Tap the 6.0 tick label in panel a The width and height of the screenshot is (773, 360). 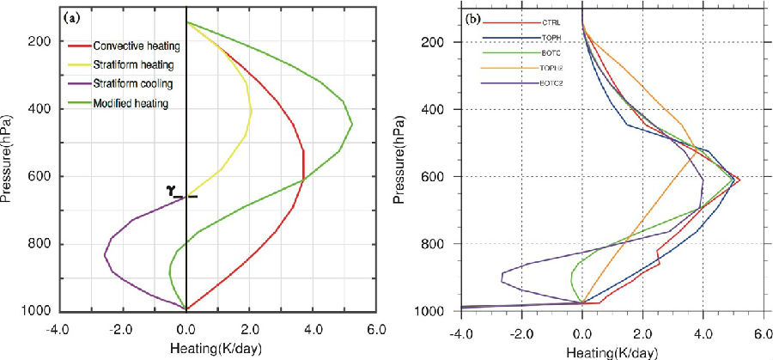click(x=374, y=328)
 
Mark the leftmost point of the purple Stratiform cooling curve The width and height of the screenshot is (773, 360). click(x=105, y=255)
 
